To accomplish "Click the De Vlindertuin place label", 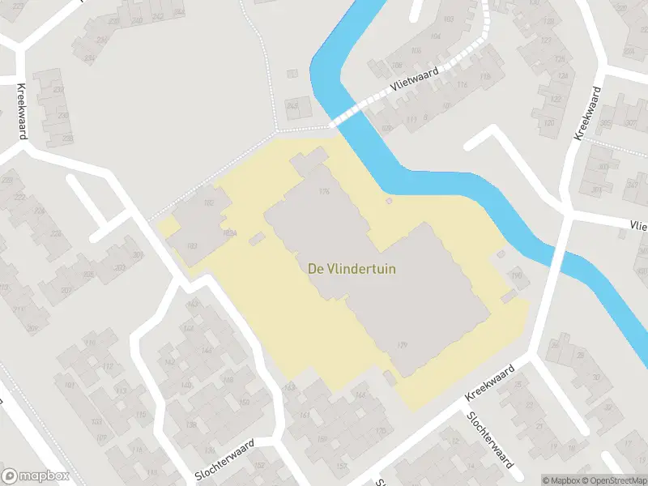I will click(352, 269).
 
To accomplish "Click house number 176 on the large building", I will click(325, 191).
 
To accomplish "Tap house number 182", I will click(208, 203).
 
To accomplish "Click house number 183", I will click(192, 246).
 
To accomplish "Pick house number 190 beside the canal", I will click(514, 277).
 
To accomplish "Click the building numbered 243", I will click(292, 104).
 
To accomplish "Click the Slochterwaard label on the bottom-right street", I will click(488, 440).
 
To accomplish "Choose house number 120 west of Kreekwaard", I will click(548, 123).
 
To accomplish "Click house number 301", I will click(138, 256).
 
